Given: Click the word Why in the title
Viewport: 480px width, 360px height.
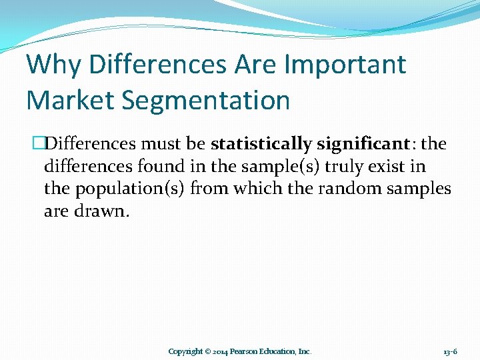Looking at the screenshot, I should click(x=54, y=65).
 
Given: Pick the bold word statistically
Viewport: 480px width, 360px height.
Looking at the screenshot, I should click(x=261, y=145).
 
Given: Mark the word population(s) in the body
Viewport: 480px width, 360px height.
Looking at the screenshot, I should click(x=130, y=189).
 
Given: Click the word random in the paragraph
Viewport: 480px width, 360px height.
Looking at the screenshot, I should click(x=349, y=189).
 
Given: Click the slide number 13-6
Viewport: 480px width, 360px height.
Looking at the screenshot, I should click(x=450, y=351).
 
